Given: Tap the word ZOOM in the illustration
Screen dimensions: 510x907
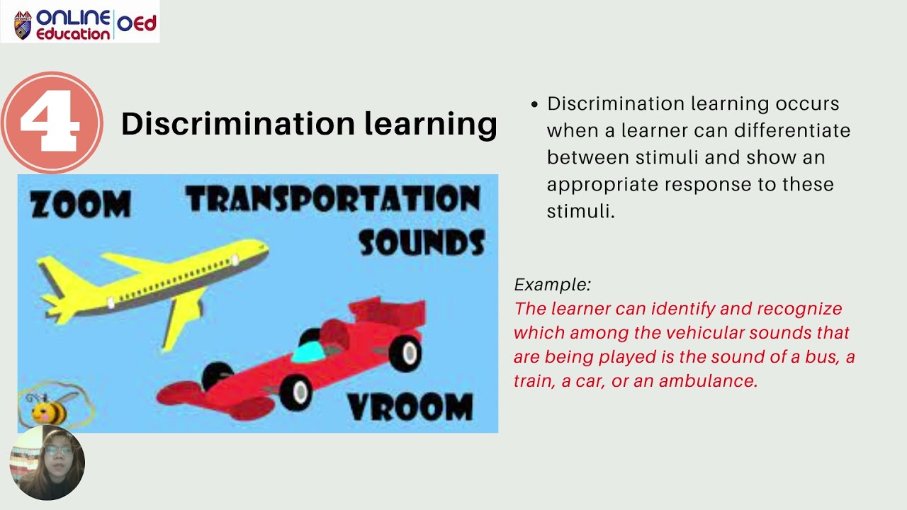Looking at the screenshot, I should pos(80,204).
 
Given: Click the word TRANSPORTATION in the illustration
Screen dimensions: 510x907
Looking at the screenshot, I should pos(332,199).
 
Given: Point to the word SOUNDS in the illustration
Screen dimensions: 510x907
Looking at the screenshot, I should pos(421,242).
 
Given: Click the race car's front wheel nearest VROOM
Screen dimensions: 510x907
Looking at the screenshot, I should pos(295,390).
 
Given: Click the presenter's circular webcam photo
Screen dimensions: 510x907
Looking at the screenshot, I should pos(47,463).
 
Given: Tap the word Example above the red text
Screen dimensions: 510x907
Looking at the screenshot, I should pos(552,285).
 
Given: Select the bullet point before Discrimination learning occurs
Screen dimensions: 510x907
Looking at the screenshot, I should pos(535,104).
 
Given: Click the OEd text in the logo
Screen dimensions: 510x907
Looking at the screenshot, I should pos(136,23).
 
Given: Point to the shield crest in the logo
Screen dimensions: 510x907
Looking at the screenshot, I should pos(23,25).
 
